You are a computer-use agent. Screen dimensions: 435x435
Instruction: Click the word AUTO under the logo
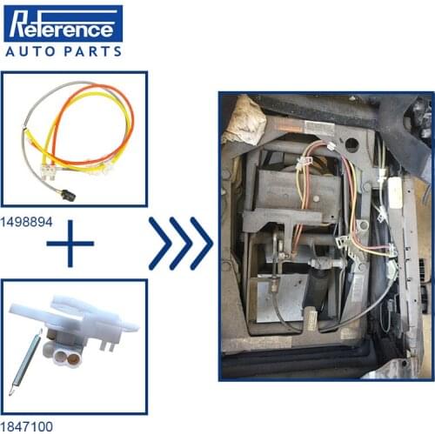click(30, 52)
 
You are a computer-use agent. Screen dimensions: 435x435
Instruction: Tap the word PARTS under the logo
click(92, 52)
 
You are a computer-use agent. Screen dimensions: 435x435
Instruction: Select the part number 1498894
click(26, 222)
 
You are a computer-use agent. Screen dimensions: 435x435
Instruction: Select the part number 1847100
click(26, 426)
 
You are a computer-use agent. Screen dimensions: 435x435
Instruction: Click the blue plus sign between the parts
click(70, 244)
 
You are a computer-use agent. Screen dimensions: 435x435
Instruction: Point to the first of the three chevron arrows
click(160, 244)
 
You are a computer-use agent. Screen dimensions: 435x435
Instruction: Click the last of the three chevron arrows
click(202, 244)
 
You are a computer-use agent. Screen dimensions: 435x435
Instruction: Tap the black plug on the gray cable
click(69, 195)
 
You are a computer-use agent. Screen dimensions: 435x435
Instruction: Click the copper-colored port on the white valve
click(72, 358)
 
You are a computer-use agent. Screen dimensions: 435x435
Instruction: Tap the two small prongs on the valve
click(107, 345)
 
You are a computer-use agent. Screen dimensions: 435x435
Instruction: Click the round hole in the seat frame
click(351, 144)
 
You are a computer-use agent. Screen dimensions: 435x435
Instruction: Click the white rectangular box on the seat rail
click(395, 193)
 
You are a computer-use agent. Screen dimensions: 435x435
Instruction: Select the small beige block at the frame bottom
click(311, 319)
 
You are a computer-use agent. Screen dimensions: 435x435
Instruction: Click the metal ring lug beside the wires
click(362, 224)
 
